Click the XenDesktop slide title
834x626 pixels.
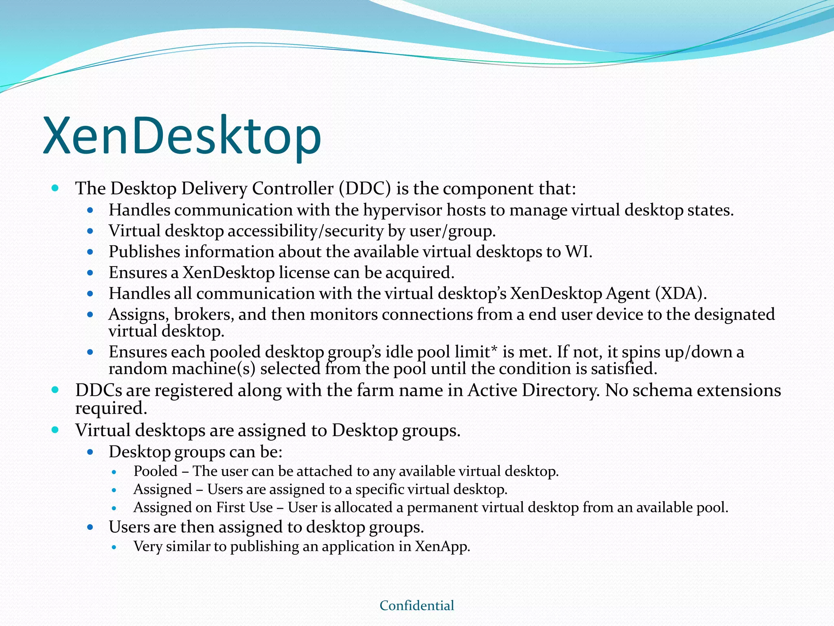(182, 136)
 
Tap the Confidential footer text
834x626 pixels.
(417, 606)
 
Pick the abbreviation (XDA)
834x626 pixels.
(680, 293)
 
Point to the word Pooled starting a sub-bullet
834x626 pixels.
(156, 471)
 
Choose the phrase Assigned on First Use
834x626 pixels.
(203, 507)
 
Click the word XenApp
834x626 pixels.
(442, 547)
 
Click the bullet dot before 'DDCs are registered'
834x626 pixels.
(55, 390)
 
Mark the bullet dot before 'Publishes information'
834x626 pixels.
(90, 252)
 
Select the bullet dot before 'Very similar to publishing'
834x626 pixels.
(114, 547)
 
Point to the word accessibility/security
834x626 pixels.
(305, 231)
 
